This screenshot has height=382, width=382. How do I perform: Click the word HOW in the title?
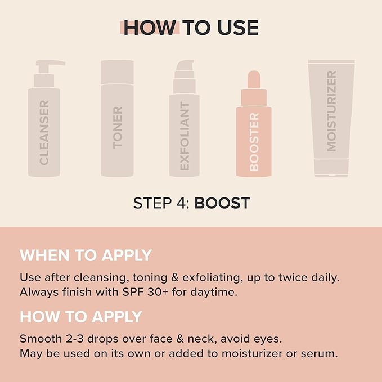tap(150, 28)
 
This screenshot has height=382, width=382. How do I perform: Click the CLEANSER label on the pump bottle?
tap(44, 133)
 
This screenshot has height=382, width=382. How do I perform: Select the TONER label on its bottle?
tap(117, 127)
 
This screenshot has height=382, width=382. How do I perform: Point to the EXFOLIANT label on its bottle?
tap(185, 136)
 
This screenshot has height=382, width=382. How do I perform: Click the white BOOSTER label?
tap(254, 142)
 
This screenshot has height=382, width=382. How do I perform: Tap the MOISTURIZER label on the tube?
tap(331, 111)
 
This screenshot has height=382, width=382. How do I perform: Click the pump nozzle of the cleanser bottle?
tap(51, 63)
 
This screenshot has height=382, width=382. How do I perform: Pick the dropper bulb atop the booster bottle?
tap(254, 80)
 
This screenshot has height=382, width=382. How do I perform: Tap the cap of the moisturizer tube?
tap(331, 167)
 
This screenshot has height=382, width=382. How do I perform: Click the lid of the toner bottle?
tap(117, 72)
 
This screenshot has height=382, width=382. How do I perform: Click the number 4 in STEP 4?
tap(180, 203)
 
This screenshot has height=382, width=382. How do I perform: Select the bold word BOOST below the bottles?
tap(222, 203)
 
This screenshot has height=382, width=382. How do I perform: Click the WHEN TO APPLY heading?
tap(86, 255)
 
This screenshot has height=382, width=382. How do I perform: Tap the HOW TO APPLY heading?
tap(81, 317)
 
